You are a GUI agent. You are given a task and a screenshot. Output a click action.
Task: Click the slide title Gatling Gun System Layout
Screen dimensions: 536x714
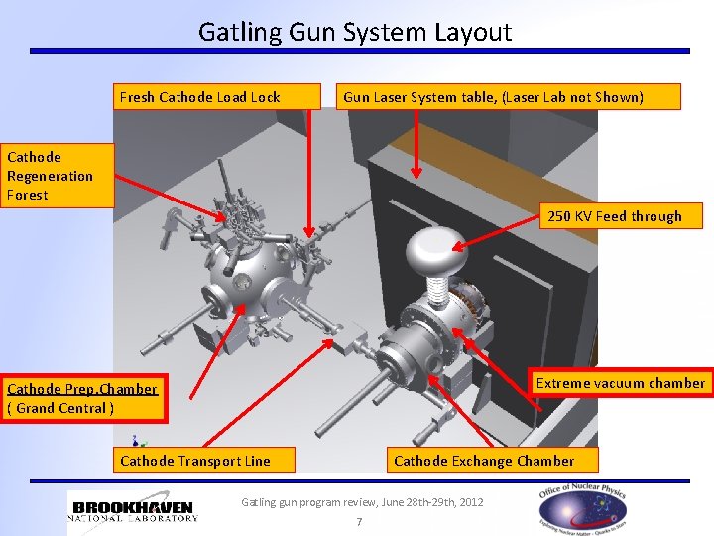[355, 32]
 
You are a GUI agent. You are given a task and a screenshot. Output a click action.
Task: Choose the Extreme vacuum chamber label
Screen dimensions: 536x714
[620, 383]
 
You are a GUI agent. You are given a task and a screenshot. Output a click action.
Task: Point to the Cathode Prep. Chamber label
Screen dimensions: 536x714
[81, 398]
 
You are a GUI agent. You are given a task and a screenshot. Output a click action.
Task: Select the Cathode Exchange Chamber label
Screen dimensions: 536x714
[485, 460]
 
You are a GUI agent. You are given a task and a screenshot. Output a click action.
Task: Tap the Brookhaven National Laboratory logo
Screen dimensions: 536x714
[135, 506]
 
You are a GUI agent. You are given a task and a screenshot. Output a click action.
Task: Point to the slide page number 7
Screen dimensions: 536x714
[359, 522]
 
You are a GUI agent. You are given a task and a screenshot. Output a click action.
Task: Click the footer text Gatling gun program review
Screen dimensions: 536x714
[362, 502]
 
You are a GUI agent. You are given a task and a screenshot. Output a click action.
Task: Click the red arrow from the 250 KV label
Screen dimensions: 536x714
[497, 234]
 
